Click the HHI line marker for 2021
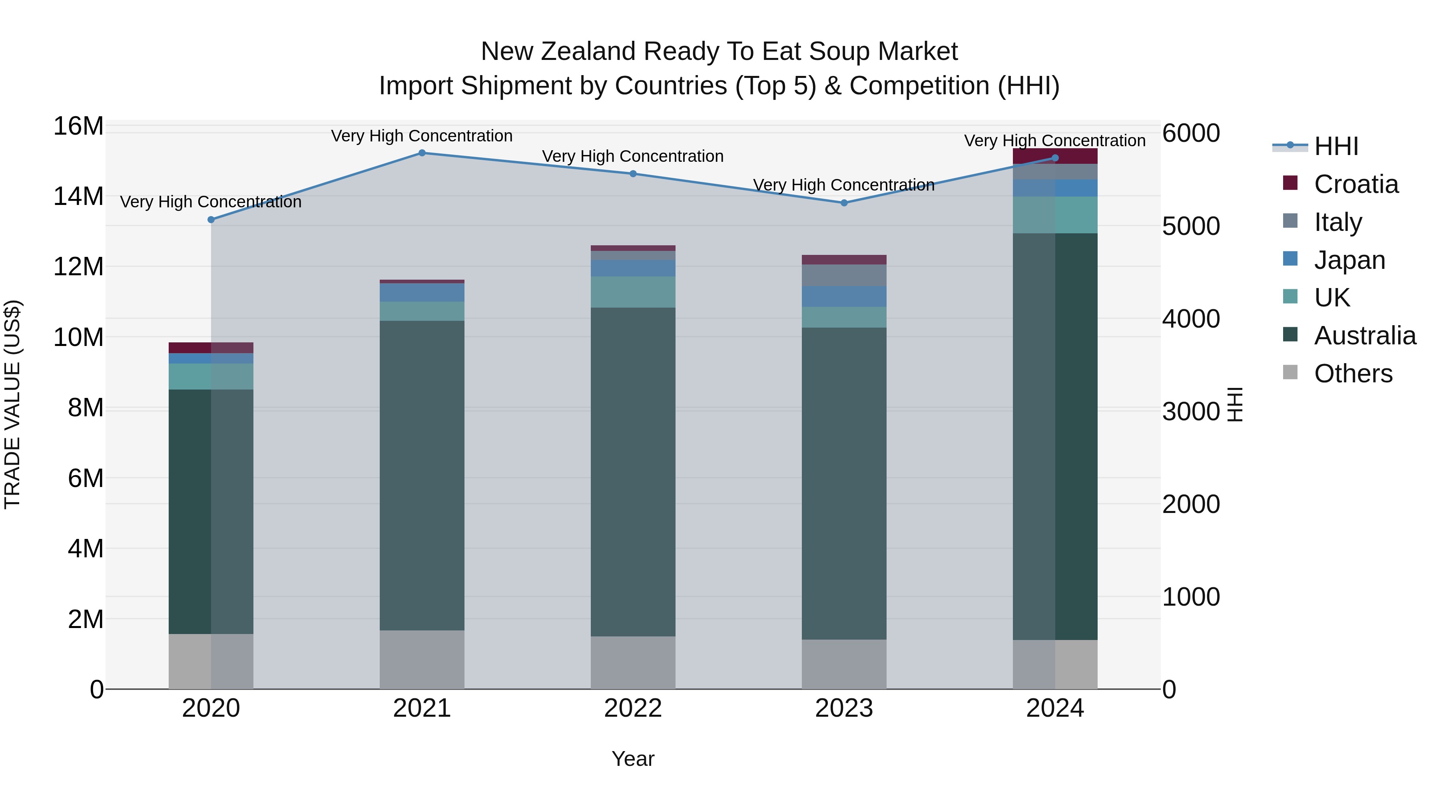pyautogui.click(x=422, y=153)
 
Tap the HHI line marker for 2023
pyautogui.click(x=844, y=203)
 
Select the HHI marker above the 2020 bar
pyautogui.click(x=211, y=220)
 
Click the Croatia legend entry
pyautogui.click(x=1356, y=184)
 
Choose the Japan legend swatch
pyautogui.click(x=1290, y=259)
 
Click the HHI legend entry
pyautogui.click(x=1335, y=146)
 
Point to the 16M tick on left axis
pyautogui.click(x=78, y=126)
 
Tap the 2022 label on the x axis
pyautogui.click(x=633, y=708)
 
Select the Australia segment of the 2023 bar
pyautogui.click(x=844, y=483)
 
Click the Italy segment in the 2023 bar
pyautogui.click(x=844, y=275)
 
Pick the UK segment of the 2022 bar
pyautogui.click(x=633, y=292)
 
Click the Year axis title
pyautogui.click(x=633, y=759)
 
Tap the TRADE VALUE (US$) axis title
pyautogui.click(x=12, y=404)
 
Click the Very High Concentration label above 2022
pyautogui.click(x=633, y=156)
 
